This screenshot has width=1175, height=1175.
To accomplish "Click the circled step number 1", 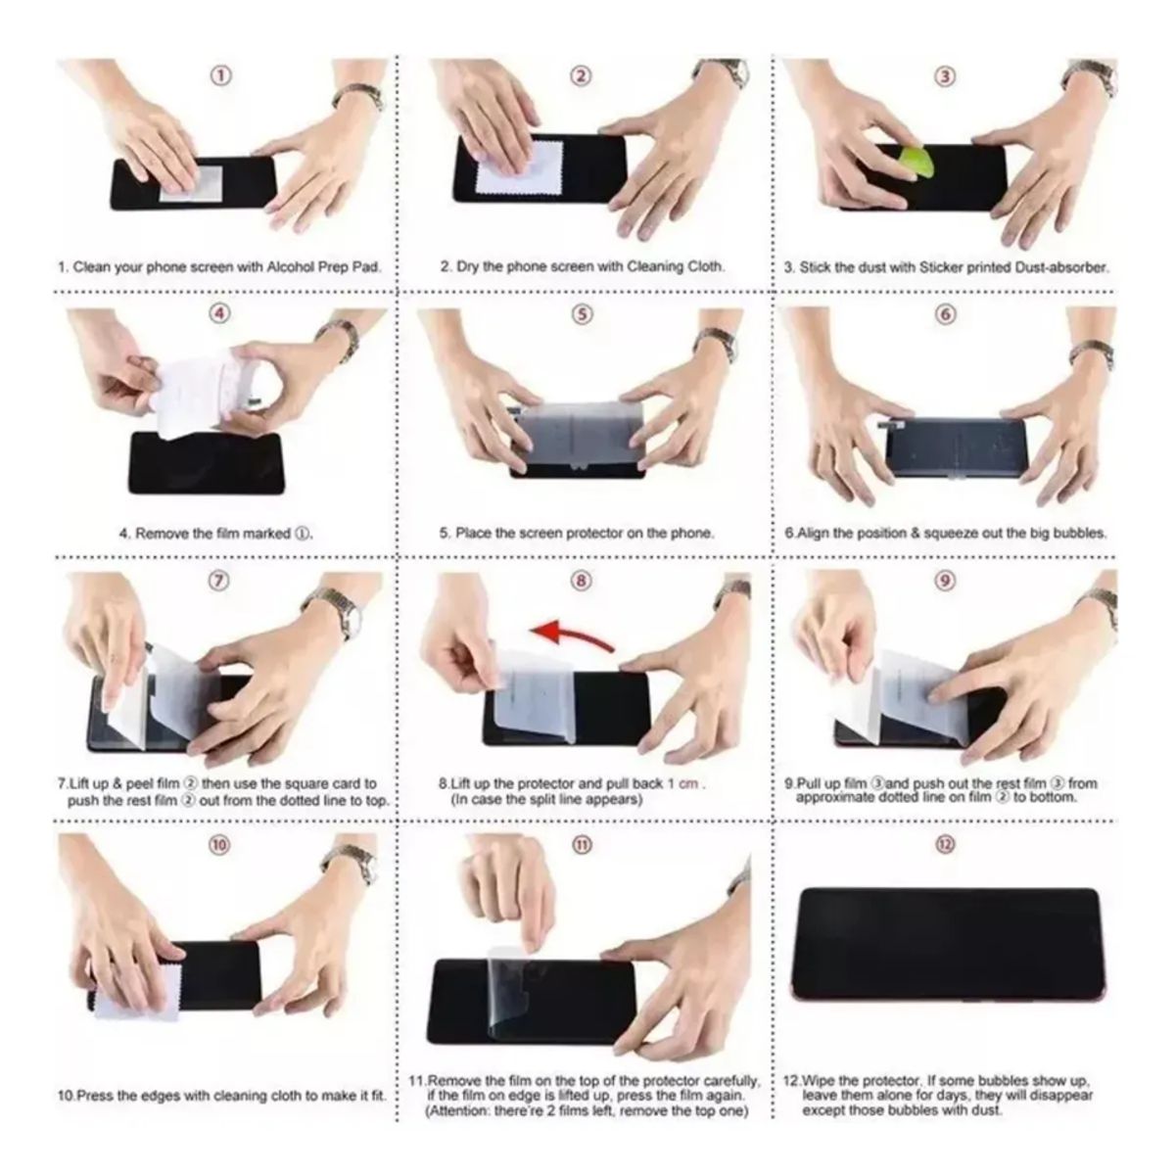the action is click(221, 75).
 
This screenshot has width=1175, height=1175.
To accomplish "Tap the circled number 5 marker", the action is click(583, 314).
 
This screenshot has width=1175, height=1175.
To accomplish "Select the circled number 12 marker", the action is click(945, 844).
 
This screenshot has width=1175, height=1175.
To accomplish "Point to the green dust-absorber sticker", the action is click(916, 163).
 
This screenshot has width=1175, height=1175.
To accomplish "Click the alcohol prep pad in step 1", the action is click(190, 182).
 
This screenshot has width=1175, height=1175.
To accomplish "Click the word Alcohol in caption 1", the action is click(292, 266).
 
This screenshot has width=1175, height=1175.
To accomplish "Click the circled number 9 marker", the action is click(944, 580).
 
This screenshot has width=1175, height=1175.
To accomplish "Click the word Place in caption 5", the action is click(473, 533).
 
